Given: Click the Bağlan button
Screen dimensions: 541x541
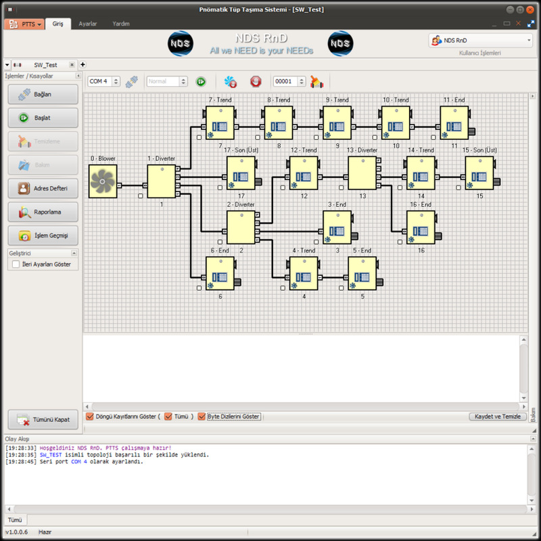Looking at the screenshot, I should coord(43,94).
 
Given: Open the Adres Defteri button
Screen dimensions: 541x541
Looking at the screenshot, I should coord(43,187).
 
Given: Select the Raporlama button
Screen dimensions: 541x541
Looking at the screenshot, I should coord(43,212).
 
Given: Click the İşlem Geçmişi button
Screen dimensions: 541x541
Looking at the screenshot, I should coord(43,235).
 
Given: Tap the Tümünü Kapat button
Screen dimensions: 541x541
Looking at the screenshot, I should coord(43,419).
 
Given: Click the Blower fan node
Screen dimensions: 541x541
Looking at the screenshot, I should coord(103,181).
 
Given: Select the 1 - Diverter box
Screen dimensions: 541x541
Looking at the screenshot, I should coord(161,181).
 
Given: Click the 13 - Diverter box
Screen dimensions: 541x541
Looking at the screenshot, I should coord(362,173).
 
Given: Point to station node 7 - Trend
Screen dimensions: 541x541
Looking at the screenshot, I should coord(220,122).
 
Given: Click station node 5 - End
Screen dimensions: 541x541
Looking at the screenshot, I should coord(362,273).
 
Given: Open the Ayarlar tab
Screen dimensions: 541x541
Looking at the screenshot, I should coord(88,24).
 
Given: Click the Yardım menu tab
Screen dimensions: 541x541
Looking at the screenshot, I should coord(122,24).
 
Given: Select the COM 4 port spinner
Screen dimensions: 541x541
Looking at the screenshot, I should coord(104,81).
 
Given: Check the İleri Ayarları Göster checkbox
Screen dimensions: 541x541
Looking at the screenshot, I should coord(16,265).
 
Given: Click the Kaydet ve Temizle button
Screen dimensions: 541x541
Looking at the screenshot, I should coord(498,417).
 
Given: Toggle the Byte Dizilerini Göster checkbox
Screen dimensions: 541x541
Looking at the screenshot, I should coord(202,417).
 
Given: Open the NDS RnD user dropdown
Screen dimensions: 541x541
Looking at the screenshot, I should coord(481,41).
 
